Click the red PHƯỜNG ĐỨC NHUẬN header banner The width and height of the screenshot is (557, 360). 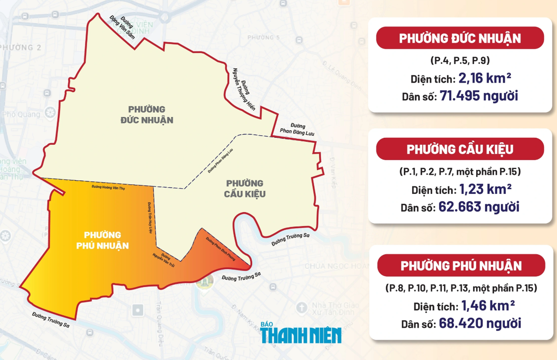[460, 38]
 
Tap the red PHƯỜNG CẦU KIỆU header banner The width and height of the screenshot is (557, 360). [460, 149]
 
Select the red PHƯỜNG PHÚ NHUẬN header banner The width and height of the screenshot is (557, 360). [461, 265]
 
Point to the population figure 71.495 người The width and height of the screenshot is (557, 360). [479, 95]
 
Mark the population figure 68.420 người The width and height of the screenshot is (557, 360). [480, 323]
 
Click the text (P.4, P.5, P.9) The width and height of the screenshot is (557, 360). [460, 60]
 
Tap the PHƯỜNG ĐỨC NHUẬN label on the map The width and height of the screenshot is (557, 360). [147, 114]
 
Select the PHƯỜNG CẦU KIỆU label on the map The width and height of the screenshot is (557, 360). [245, 188]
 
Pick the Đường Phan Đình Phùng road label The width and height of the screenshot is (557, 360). [220, 249]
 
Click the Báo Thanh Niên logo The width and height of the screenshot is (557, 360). [301, 332]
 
